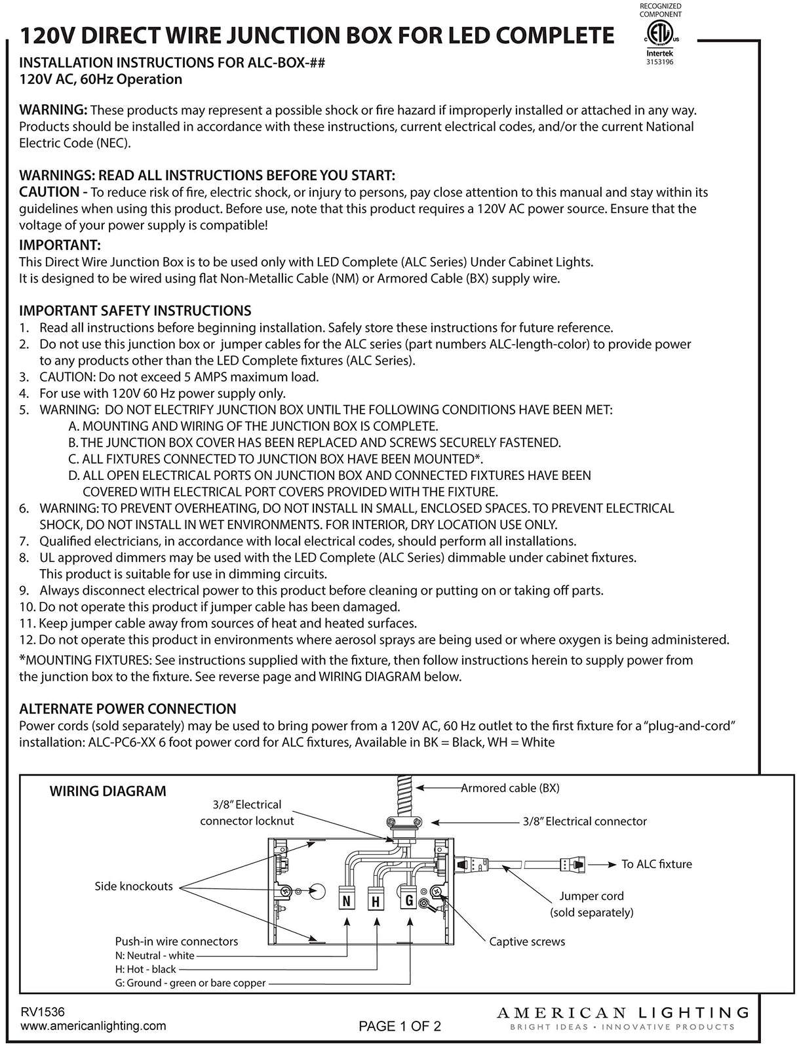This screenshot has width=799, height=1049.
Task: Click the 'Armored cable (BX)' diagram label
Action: click(x=510, y=788)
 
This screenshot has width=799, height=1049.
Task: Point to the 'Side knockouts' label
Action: click(x=134, y=886)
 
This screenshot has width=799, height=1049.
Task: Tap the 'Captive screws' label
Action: click(x=527, y=941)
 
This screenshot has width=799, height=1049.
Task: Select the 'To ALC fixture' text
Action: click(x=656, y=864)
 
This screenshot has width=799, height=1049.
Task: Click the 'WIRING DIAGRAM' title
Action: click(x=108, y=791)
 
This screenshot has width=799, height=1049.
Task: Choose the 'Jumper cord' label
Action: click(x=591, y=896)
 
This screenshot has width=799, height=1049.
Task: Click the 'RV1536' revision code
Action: click(x=43, y=1013)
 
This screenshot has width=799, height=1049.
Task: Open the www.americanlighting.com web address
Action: click(x=94, y=1026)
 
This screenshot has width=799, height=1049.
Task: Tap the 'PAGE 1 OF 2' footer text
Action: click(x=400, y=1027)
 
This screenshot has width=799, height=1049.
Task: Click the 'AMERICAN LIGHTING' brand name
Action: click(x=623, y=1014)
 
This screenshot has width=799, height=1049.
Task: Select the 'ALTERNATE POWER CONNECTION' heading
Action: click(x=128, y=709)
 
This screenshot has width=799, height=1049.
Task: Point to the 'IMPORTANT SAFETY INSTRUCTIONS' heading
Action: click(x=135, y=311)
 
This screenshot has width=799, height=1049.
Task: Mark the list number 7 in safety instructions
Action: click(x=24, y=542)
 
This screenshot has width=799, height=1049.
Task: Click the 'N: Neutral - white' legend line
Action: click(x=154, y=956)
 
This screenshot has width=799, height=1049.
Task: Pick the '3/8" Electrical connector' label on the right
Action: click(x=585, y=821)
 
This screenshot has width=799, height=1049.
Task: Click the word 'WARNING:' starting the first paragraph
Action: click(x=53, y=109)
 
